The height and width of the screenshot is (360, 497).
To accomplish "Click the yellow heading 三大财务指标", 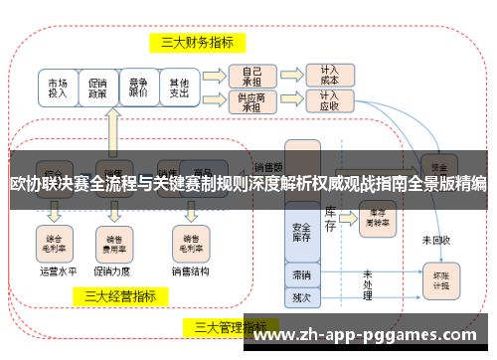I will click(x=198, y=42).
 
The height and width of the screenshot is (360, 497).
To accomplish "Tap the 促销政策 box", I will click(x=98, y=87).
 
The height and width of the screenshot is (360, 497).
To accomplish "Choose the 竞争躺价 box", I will click(x=138, y=87).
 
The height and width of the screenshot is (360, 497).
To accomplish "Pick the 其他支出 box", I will click(x=178, y=87).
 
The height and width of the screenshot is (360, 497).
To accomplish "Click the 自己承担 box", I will click(x=251, y=75).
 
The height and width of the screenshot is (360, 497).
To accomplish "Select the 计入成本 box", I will click(x=329, y=75).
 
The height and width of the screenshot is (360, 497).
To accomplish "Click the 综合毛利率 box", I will click(x=56, y=239).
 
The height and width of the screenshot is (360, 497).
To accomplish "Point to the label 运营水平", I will click(x=57, y=269).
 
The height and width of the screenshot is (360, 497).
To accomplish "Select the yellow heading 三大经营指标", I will click(x=119, y=295).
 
